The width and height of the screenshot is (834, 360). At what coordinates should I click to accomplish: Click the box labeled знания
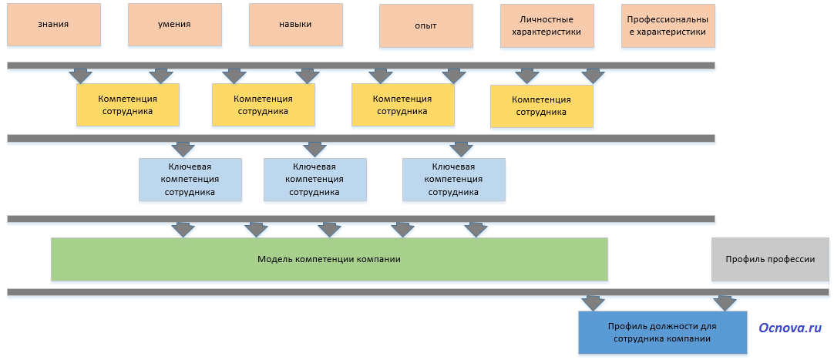coord(53,24)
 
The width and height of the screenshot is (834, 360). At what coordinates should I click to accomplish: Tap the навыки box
coord(295,24)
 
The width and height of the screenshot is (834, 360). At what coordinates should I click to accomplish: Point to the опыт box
coord(425,25)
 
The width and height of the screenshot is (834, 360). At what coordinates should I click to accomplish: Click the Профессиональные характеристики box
coord(667,26)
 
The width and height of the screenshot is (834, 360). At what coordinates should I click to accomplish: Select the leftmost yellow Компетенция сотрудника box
coord(127,104)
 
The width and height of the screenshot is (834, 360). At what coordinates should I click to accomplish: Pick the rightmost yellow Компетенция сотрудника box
coord(541,106)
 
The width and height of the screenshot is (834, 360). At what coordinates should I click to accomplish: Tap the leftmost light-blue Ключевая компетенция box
coord(190,179)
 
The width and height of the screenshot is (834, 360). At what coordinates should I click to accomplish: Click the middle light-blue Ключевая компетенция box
coord(314,179)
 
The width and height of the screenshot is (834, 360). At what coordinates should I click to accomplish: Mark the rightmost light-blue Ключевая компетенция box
coord(453,179)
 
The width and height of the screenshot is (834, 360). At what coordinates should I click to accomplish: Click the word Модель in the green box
coord(272,259)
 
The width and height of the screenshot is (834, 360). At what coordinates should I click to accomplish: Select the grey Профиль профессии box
coord(769,259)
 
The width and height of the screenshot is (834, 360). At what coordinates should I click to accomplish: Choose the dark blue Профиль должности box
coord(662,332)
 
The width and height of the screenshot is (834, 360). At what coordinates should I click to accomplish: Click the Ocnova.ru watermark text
coord(790,328)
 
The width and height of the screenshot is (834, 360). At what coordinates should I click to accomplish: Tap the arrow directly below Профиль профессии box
coord(725,302)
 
